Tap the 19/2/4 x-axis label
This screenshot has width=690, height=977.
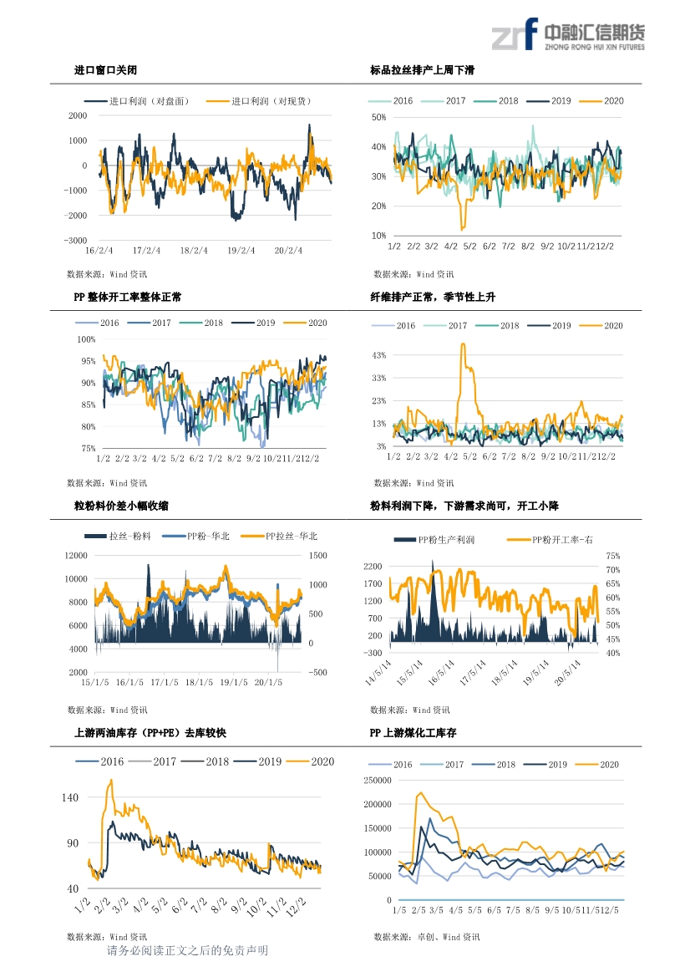pyautogui.click(x=241, y=249)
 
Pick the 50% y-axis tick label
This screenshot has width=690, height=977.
pyautogui.click(x=378, y=118)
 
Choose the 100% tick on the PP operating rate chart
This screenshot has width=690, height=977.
pyautogui.click(x=86, y=339)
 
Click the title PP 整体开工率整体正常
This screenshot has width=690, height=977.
pyautogui.click(x=128, y=297)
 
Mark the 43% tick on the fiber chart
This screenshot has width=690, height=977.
pyautogui.click(x=378, y=356)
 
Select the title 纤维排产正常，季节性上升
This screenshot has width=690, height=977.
pyautogui.click(x=433, y=297)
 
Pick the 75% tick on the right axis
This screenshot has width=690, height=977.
pyautogui.click(x=613, y=556)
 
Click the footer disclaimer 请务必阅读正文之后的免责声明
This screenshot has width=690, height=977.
pyautogui.click(x=188, y=951)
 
